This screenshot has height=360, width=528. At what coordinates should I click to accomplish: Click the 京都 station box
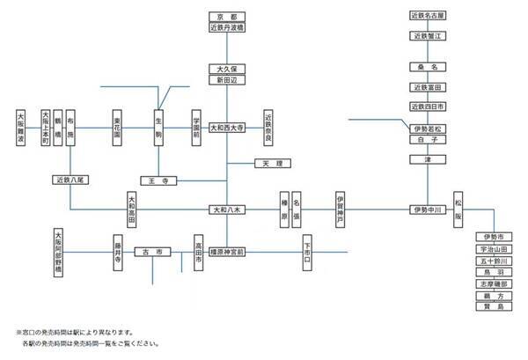point(227,16)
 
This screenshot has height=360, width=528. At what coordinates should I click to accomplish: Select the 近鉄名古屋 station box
point(429,16)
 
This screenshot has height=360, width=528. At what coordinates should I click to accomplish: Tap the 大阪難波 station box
point(21,127)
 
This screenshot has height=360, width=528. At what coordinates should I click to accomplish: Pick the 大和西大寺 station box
point(227,127)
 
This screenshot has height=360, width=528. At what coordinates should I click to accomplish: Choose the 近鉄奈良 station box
point(269,127)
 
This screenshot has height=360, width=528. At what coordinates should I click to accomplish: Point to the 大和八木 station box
point(227,210)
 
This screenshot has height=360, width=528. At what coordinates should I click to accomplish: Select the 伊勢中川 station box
point(429,210)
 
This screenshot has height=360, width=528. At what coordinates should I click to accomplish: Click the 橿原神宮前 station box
point(227,252)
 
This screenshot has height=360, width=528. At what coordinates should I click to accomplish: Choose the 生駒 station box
point(159,127)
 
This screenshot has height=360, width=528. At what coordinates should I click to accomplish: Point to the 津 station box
point(429,159)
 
